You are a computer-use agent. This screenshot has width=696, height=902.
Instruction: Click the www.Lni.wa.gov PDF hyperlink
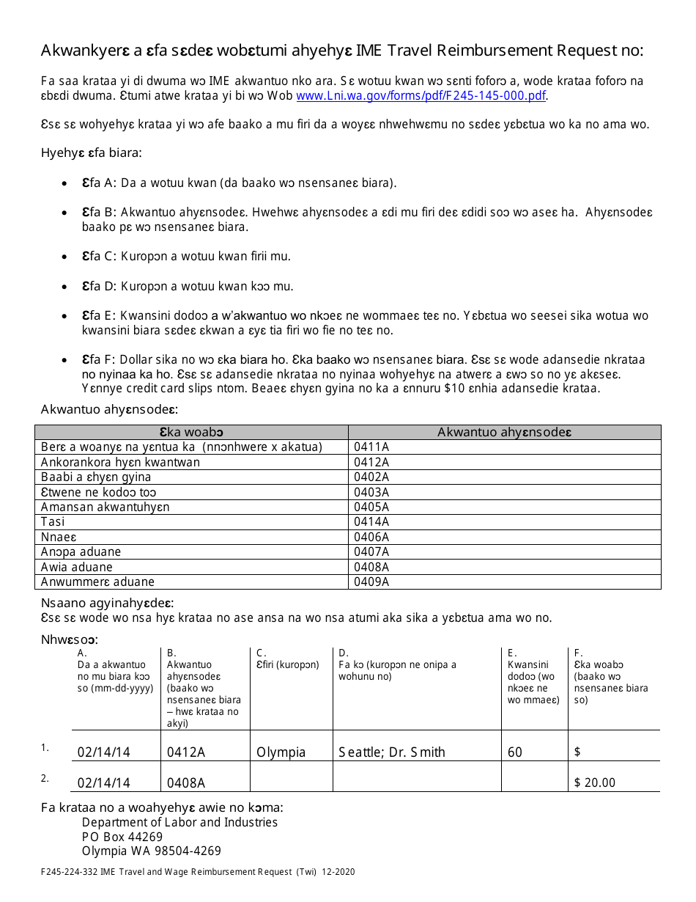point(421,96)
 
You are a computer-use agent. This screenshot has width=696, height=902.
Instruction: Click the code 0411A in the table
point(371,447)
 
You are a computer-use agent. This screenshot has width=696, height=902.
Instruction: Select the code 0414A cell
point(371,522)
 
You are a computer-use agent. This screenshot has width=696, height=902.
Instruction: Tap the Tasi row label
point(53,522)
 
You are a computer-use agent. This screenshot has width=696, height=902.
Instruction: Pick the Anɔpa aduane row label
point(81,551)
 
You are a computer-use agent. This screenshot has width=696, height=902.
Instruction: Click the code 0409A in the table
point(371,582)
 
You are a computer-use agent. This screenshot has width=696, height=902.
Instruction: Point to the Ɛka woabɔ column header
point(191,432)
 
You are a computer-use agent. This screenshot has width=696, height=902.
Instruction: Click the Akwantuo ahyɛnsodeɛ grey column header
point(504,432)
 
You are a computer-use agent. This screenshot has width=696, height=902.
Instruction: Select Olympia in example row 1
point(281,752)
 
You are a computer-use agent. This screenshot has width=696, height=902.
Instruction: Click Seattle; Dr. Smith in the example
point(392,752)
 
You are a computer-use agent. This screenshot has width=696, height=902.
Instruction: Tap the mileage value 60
point(515,752)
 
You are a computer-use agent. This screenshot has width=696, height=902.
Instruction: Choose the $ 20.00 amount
point(595,782)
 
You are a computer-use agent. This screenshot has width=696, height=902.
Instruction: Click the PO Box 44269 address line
point(122,837)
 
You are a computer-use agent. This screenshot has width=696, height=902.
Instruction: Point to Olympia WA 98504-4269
point(151,851)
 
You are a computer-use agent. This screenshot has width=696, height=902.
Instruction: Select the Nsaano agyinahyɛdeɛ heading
point(107,603)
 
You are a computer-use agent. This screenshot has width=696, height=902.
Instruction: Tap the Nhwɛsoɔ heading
point(70,639)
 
